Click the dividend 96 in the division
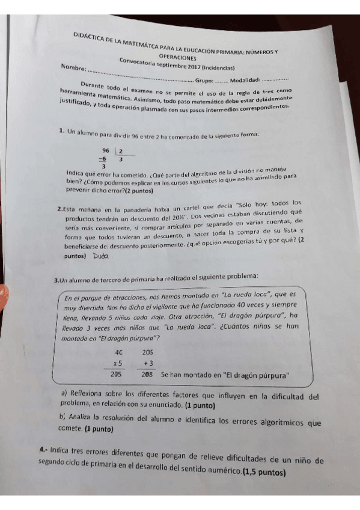(106, 150)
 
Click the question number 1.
(61, 131)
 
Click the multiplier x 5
(117, 363)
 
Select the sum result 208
(147, 375)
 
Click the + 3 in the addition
(148, 363)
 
